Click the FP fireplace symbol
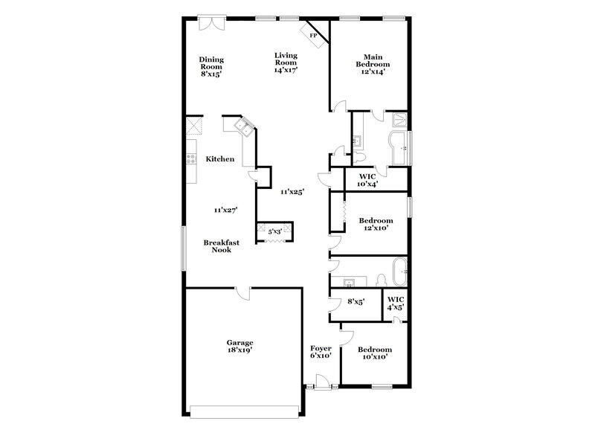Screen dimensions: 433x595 pos(314,35)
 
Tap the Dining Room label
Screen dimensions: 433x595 pos(211,66)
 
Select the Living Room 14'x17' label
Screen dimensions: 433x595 pos(286,62)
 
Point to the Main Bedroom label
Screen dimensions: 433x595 pos(373,64)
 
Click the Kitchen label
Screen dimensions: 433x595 pos(220,159)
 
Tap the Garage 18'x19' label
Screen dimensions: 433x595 pos(239,346)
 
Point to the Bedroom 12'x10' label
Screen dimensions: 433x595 pos(376,224)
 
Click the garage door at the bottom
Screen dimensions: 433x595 pos(245,411)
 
